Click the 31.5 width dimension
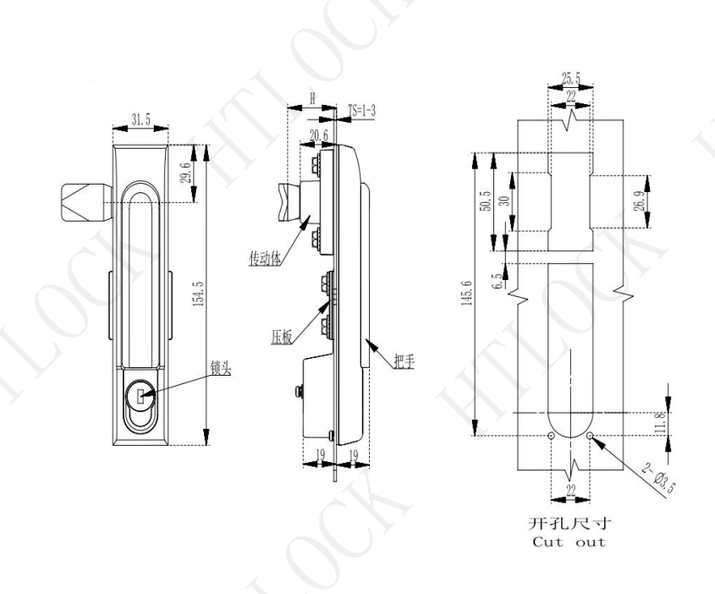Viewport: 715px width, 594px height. tap(141, 120)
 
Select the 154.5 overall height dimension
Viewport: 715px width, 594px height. tap(198, 294)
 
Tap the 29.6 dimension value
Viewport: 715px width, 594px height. tap(185, 173)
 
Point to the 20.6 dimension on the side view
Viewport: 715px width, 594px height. tap(319, 136)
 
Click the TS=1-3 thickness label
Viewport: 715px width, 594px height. tap(361, 110)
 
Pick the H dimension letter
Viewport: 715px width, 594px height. tap(312, 97)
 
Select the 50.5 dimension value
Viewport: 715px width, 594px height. tap(486, 201)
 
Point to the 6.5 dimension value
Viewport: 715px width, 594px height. tap(499, 280)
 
